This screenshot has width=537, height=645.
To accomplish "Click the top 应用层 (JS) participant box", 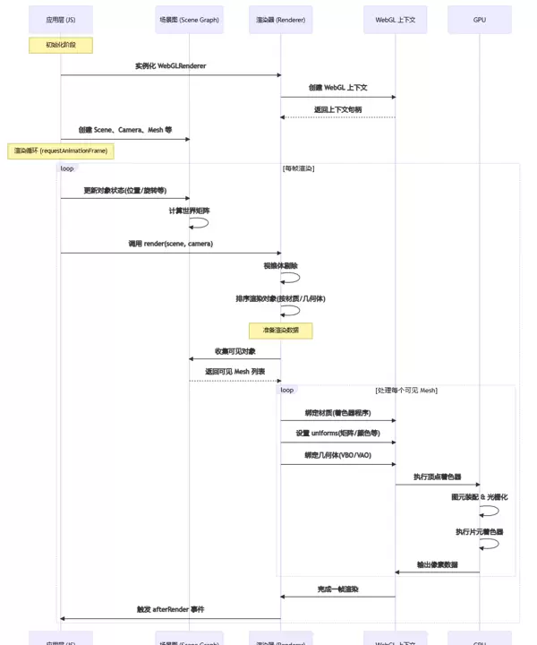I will click(61, 19).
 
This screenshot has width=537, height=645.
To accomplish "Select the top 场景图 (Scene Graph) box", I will click(189, 19).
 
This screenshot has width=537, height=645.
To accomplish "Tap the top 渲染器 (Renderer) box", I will click(281, 19).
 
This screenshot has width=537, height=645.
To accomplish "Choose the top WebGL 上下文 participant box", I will click(396, 19).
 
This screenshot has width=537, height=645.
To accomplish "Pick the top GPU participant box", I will click(480, 19).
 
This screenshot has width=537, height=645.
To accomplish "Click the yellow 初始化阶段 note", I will click(61, 44).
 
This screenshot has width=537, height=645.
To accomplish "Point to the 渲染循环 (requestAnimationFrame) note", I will click(61, 150).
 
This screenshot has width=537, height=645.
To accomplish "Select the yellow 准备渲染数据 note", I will click(281, 330).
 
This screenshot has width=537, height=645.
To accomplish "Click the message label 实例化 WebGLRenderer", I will click(170, 66).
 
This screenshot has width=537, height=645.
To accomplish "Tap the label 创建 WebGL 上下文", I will click(338, 88).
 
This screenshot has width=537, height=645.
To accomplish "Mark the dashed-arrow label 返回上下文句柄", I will click(338, 109).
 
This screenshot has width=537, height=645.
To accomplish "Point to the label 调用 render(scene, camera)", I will click(170, 244).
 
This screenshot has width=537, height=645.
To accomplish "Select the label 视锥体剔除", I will click(281, 266).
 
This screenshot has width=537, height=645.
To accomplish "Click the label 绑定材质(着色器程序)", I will click(338, 413).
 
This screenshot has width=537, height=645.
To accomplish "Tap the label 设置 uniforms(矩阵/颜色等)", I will click(338, 434).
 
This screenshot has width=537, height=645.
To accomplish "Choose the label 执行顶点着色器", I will click(438, 477).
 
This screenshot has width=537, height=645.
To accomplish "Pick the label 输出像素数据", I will click(438, 564).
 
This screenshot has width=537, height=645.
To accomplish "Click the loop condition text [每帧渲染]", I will click(298, 168).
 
